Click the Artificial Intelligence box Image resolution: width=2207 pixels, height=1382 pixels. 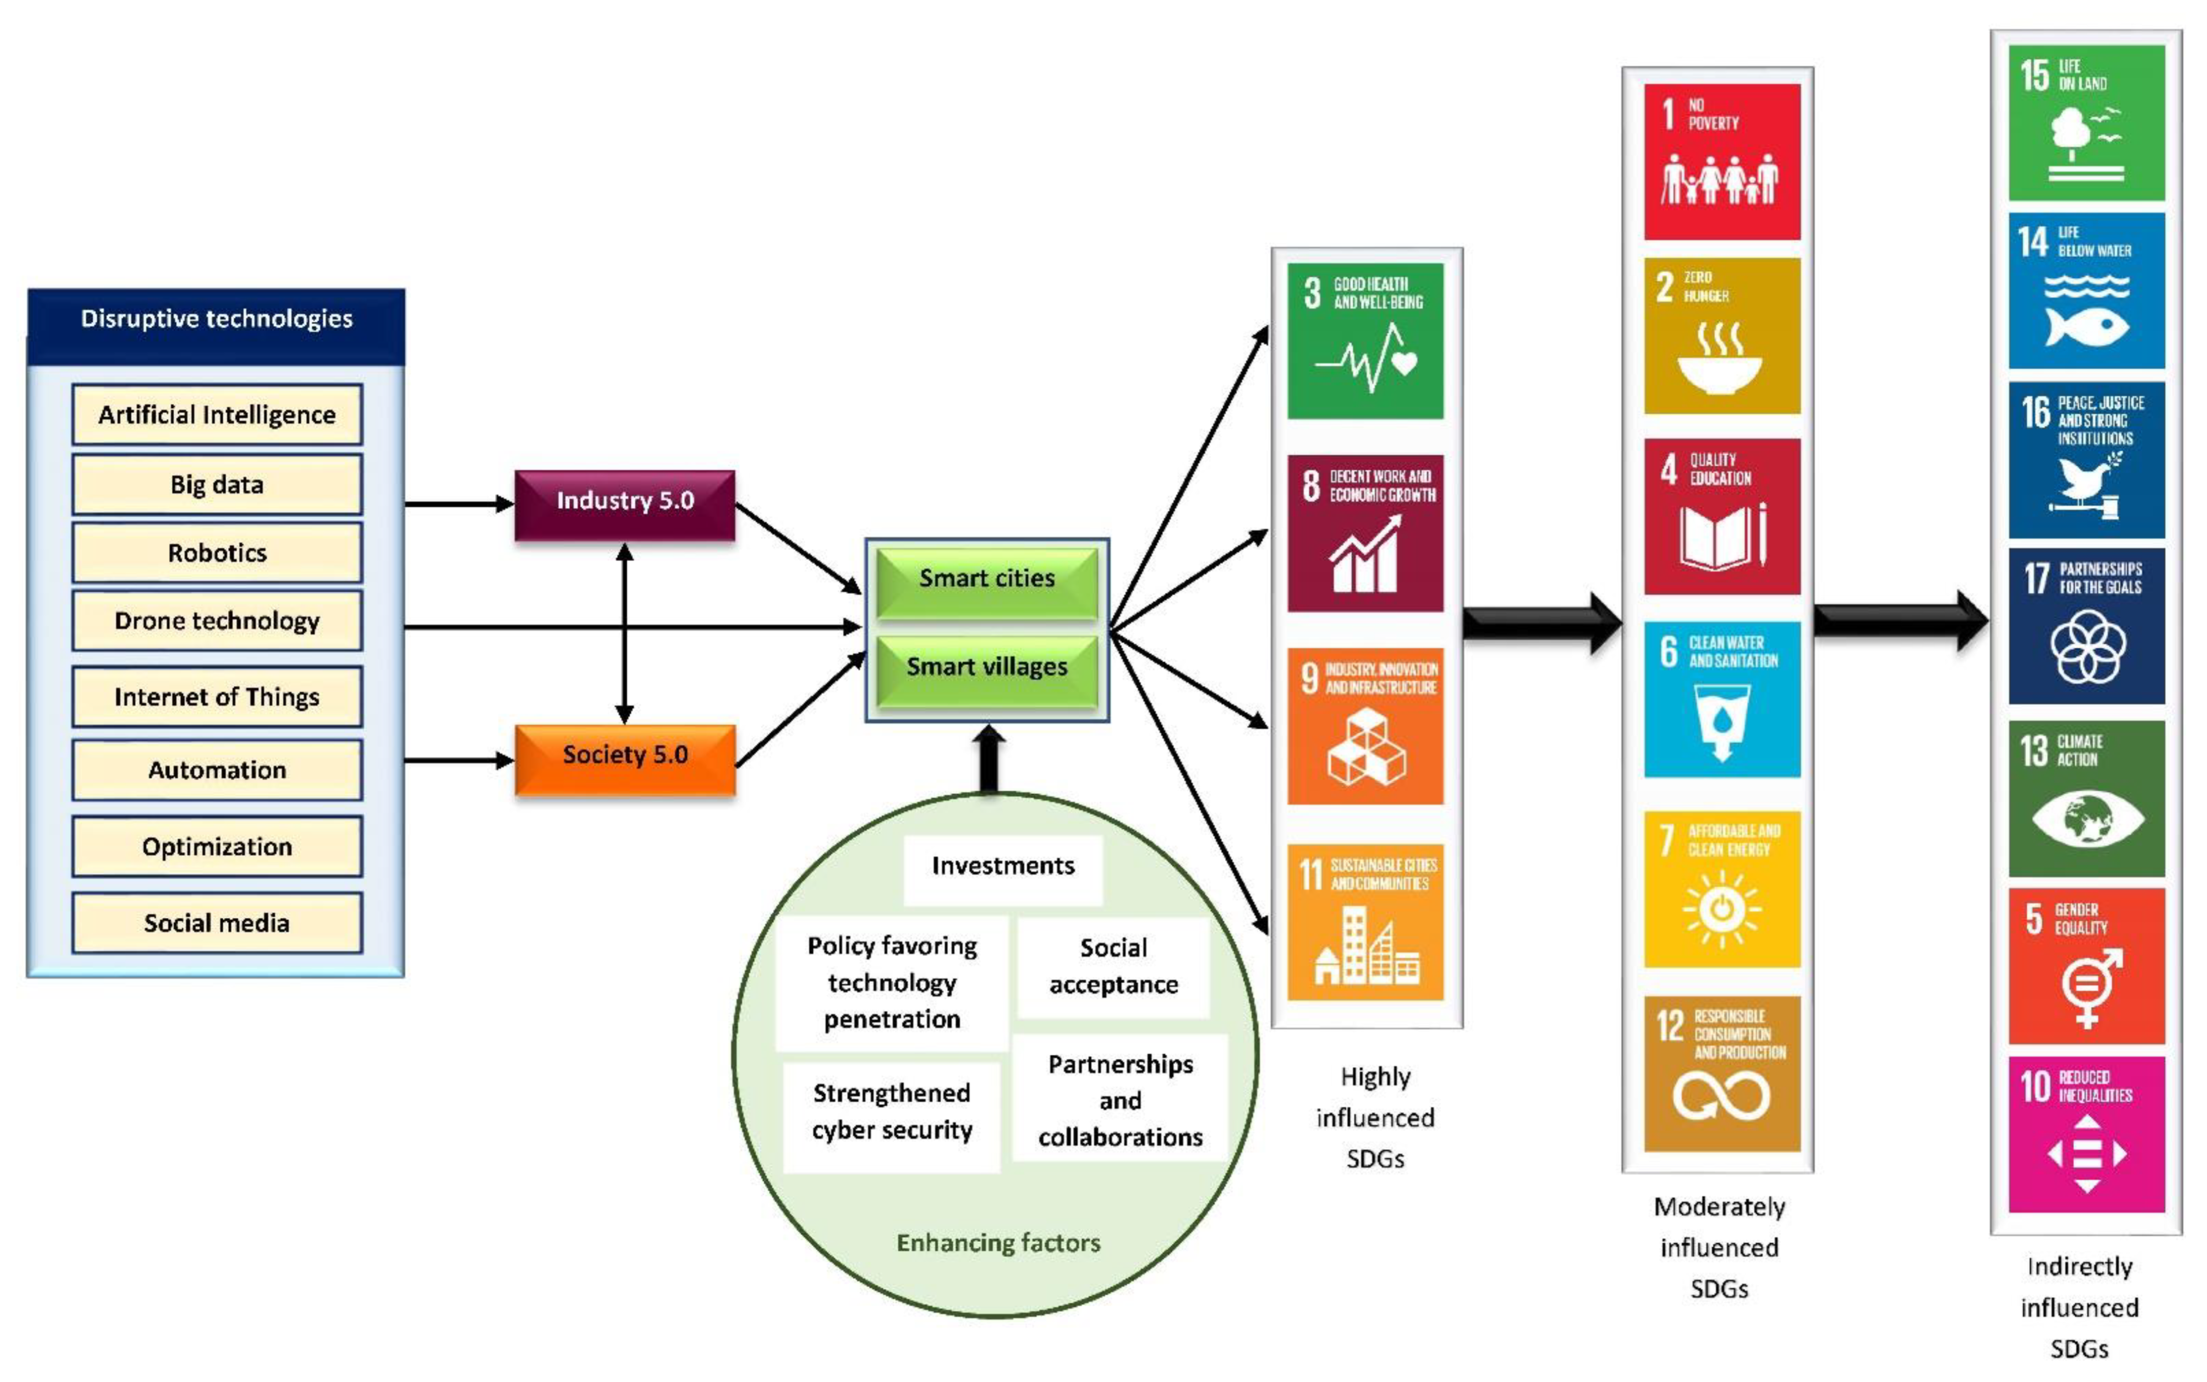217,415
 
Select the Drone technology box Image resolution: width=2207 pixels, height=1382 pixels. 217,621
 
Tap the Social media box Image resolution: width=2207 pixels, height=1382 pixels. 217,923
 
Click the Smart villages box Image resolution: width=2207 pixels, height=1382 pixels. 986,667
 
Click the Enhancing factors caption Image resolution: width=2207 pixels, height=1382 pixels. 998,1243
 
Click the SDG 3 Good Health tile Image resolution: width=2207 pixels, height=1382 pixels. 1365,341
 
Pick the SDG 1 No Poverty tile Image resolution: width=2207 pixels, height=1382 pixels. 1722,162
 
